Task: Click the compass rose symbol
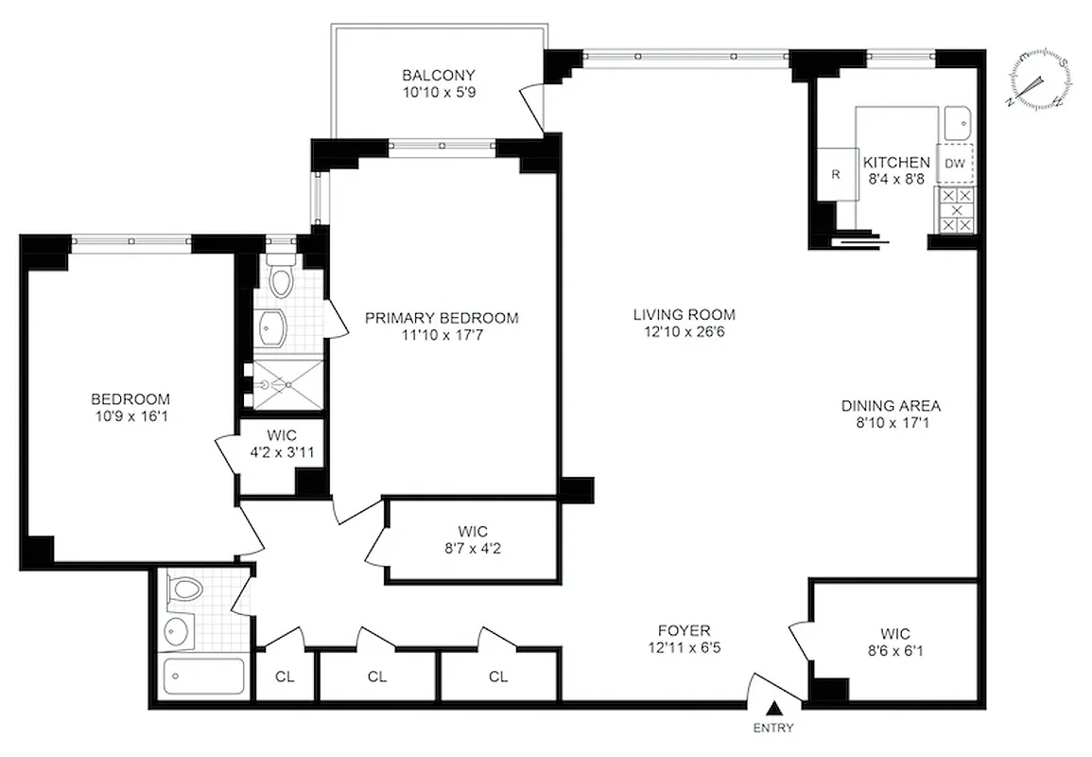[1039, 79]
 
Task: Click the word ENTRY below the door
[774, 729]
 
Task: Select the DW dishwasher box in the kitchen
[955, 164]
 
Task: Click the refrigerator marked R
[836, 175]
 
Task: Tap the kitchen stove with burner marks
[955, 210]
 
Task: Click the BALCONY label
[438, 76]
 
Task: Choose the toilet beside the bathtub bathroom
[184, 590]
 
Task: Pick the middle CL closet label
[377, 677]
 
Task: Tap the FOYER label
[684, 630]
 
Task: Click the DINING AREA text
[891, 406]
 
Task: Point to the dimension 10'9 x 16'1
[130, 415]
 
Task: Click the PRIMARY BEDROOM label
[442, 318]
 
